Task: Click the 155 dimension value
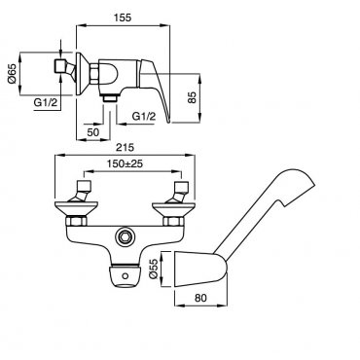(x=123, y=18)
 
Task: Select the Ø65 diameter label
(x=12, y=74)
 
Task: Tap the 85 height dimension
(x=193, y=97)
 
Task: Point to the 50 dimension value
(x=92, y=132)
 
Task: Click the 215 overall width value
(x=125, y=148)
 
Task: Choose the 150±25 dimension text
(x=125, y=163)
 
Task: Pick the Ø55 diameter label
(x=154, y=269)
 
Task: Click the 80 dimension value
(x=201, y=298)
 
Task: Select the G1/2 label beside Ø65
(x=46, y=103)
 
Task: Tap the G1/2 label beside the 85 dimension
(x=144, y=116)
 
